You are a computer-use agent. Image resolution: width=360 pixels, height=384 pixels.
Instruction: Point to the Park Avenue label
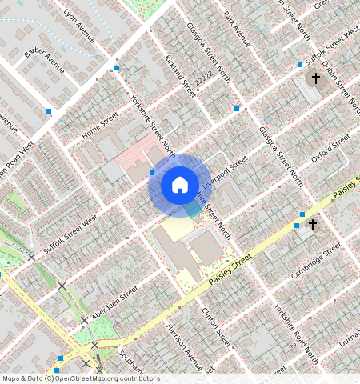(238, 29)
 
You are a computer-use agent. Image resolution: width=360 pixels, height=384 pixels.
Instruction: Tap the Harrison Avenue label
(183, 343)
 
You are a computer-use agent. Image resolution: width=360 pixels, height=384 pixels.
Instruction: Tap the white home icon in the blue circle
(179, 186)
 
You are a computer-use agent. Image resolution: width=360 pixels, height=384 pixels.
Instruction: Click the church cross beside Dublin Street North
(316, 78)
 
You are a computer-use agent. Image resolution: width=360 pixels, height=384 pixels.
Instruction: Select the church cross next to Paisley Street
(313, 226)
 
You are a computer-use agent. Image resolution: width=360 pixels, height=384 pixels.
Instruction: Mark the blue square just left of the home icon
(152, 172)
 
